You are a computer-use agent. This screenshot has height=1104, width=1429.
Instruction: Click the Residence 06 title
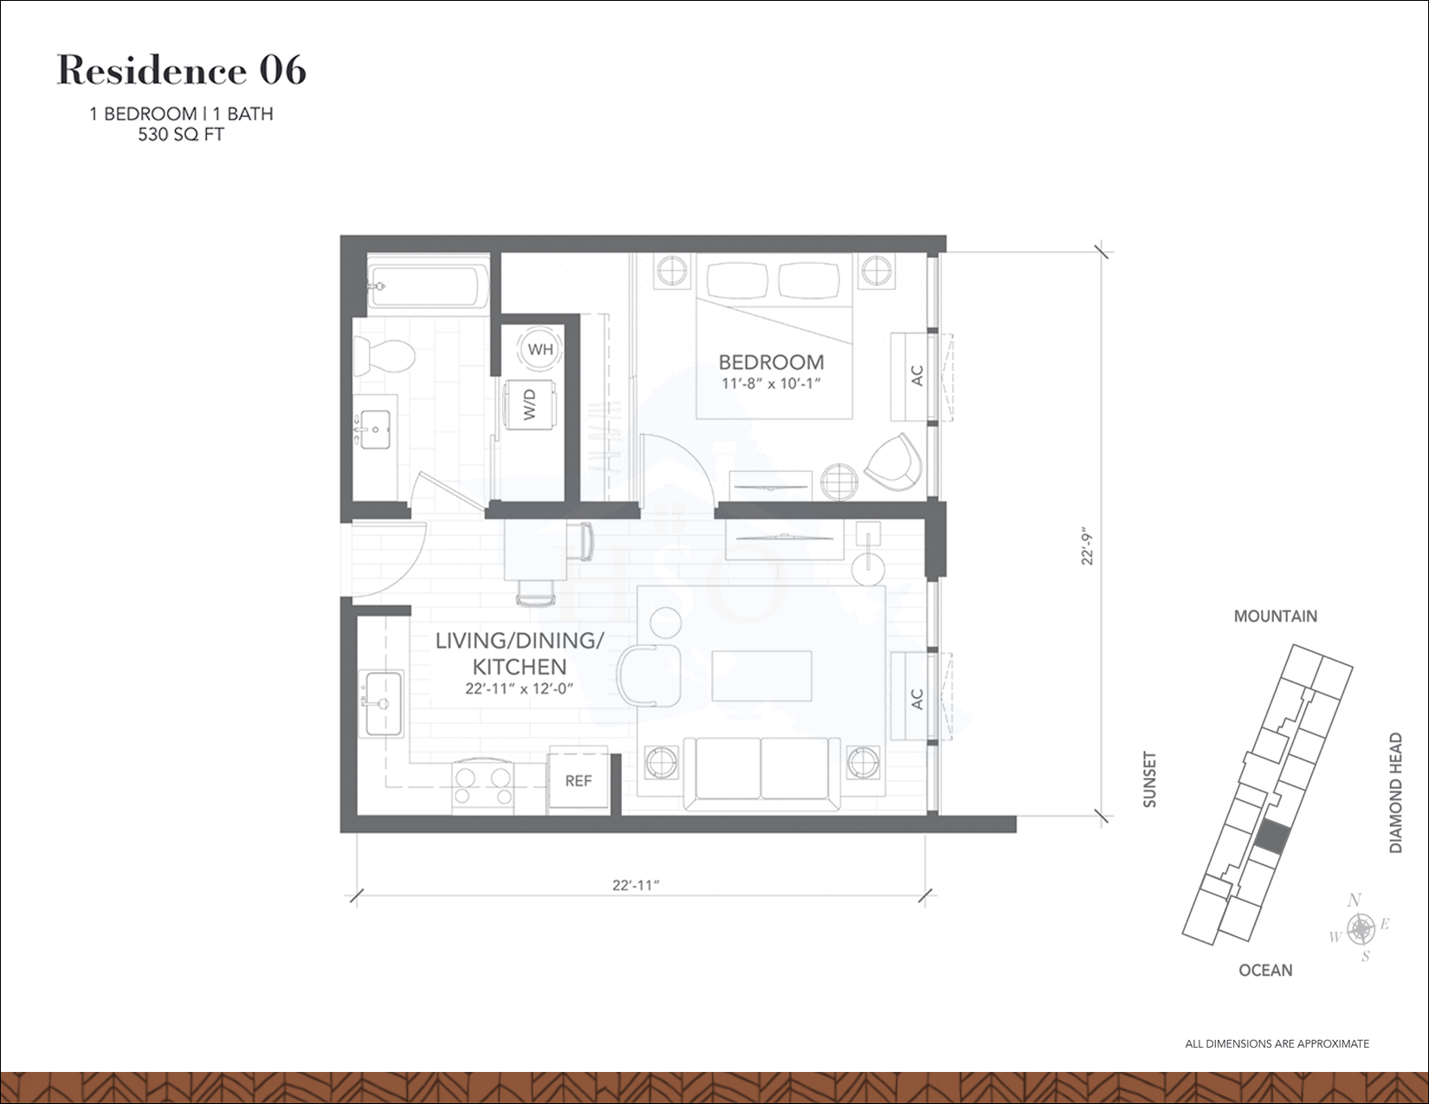[181, 71]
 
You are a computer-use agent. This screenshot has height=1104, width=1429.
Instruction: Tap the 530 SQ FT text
[182, 135]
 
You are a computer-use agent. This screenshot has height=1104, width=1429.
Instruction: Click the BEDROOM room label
[771, 362]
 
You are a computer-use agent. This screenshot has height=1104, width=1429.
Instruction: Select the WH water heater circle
[540, 350]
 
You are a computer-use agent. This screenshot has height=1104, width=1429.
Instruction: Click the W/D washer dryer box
[530, 405]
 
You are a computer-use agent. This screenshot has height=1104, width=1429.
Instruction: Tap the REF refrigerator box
[578, 780]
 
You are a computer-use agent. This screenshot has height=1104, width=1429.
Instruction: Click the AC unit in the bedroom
[914, 375]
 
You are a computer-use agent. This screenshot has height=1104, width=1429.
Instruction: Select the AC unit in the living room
[914, 698]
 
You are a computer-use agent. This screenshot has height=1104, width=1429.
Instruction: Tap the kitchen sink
[382, 703]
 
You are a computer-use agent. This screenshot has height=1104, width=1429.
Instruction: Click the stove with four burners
[483, 785]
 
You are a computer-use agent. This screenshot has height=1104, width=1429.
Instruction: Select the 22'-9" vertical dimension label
[1087, 547]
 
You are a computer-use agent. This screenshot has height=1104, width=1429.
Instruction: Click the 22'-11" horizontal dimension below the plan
[642, 885]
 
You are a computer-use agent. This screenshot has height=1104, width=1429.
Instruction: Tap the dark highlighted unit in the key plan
[1271, 837]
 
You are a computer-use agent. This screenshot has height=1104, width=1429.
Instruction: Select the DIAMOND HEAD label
[1395, 793]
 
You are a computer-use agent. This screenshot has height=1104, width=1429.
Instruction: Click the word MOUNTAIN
[1275, 617]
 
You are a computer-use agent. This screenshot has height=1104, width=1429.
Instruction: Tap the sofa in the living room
[760, 769]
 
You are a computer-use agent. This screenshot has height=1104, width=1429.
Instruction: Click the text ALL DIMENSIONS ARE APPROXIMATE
[1277, 1043]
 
